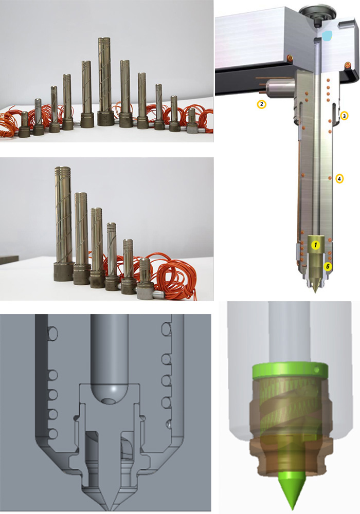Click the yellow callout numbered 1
(x=315, y=245)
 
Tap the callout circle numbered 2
(x=261, y=104)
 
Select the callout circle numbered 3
(x=344, y=116)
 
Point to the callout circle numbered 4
(x=339, y=179)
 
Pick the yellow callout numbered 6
(x=328, y=266)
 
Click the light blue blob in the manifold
(x=327, y=36)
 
